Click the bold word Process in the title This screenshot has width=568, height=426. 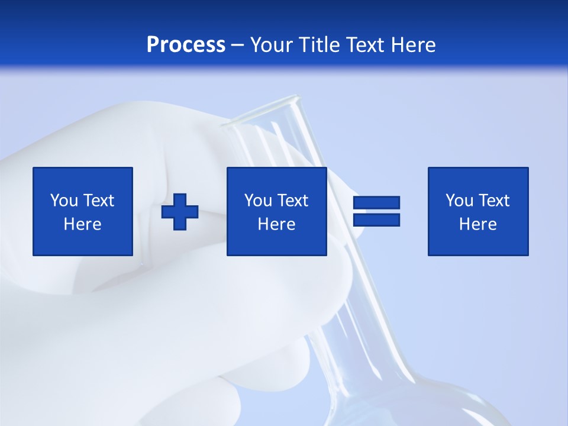pos(186,45)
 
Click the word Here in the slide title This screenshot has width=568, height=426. pos(412,45)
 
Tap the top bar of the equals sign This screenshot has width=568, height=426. pos(376,203)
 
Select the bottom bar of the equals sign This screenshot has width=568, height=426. pos(376,220)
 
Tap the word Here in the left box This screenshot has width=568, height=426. pos(82,224)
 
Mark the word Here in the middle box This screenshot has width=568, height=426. pos(276,224)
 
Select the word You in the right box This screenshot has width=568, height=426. pos(459,201)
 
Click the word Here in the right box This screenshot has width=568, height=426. pos(477,224)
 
